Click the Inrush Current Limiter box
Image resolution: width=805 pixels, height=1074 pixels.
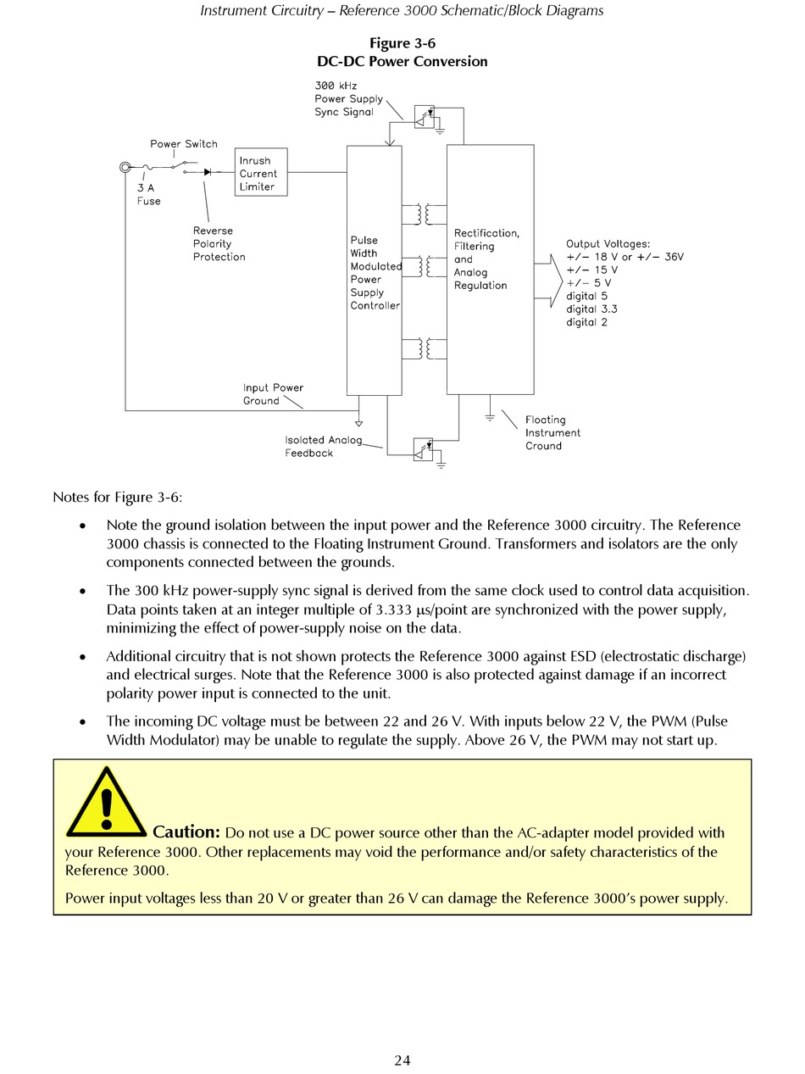[260, 172]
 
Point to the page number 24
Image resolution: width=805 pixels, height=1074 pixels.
[402, 1060]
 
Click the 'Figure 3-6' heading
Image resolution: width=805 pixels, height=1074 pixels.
[402, 43]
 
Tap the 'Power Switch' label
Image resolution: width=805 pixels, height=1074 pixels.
[184, 144]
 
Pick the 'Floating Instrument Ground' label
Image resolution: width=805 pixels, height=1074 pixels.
[552, 432]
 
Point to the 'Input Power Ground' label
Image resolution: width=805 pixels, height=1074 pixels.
[272, 394]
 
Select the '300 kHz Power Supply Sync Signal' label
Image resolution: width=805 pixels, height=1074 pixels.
[348, 98]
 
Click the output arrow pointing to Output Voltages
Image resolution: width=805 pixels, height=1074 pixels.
[547, 279]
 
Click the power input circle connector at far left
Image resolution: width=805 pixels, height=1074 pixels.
[125, 169]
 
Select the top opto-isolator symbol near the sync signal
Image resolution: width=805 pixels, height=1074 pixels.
[424, 117]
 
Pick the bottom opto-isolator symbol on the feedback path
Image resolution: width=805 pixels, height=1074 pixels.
[423, 449]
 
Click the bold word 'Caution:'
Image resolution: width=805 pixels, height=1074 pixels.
[186, 832]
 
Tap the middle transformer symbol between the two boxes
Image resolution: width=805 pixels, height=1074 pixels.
[425, 266]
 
